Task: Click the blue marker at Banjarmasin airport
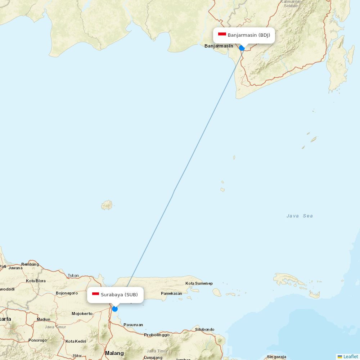[x=242, y=48]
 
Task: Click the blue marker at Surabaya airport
[x=115, y=309]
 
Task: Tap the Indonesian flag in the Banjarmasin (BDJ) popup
[x=222, y=35]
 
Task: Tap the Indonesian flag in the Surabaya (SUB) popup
[x=95, y=294]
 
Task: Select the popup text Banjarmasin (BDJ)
[x=249, y=35]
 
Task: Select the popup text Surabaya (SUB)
[x=119, y=294]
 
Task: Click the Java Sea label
[x=300, y=216]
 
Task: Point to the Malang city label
[x=114, y=353]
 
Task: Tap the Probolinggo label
[x=157, y=335]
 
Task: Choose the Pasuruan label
[x=133, y=325]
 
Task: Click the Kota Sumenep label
[x=199, y=284]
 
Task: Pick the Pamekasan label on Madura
[x=171, y=293]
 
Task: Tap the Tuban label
[x=73, y=275]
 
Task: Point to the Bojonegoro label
[x=67, y=293]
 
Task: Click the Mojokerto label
[x=82, y=314]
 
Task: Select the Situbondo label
[x=204, y=329]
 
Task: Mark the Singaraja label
[x=276, y=357]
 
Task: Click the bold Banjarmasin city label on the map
[x=219, y=46]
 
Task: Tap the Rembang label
[x=30, y=264]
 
